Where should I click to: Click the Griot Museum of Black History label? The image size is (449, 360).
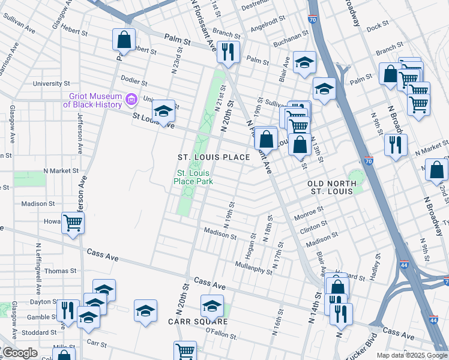[x=91, y=100]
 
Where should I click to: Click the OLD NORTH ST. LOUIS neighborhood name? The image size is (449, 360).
[x=332, y=187]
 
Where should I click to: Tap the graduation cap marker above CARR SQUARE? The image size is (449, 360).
[x=211, y=307]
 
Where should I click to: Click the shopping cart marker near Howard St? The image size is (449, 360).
[x=73, y=224]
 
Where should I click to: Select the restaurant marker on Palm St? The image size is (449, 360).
[x=228, y=52]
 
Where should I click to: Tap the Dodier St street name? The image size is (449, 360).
[x=134, y=80]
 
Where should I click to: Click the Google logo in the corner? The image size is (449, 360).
[x=19, y=353]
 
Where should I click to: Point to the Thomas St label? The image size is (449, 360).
[x=60, y=271]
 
